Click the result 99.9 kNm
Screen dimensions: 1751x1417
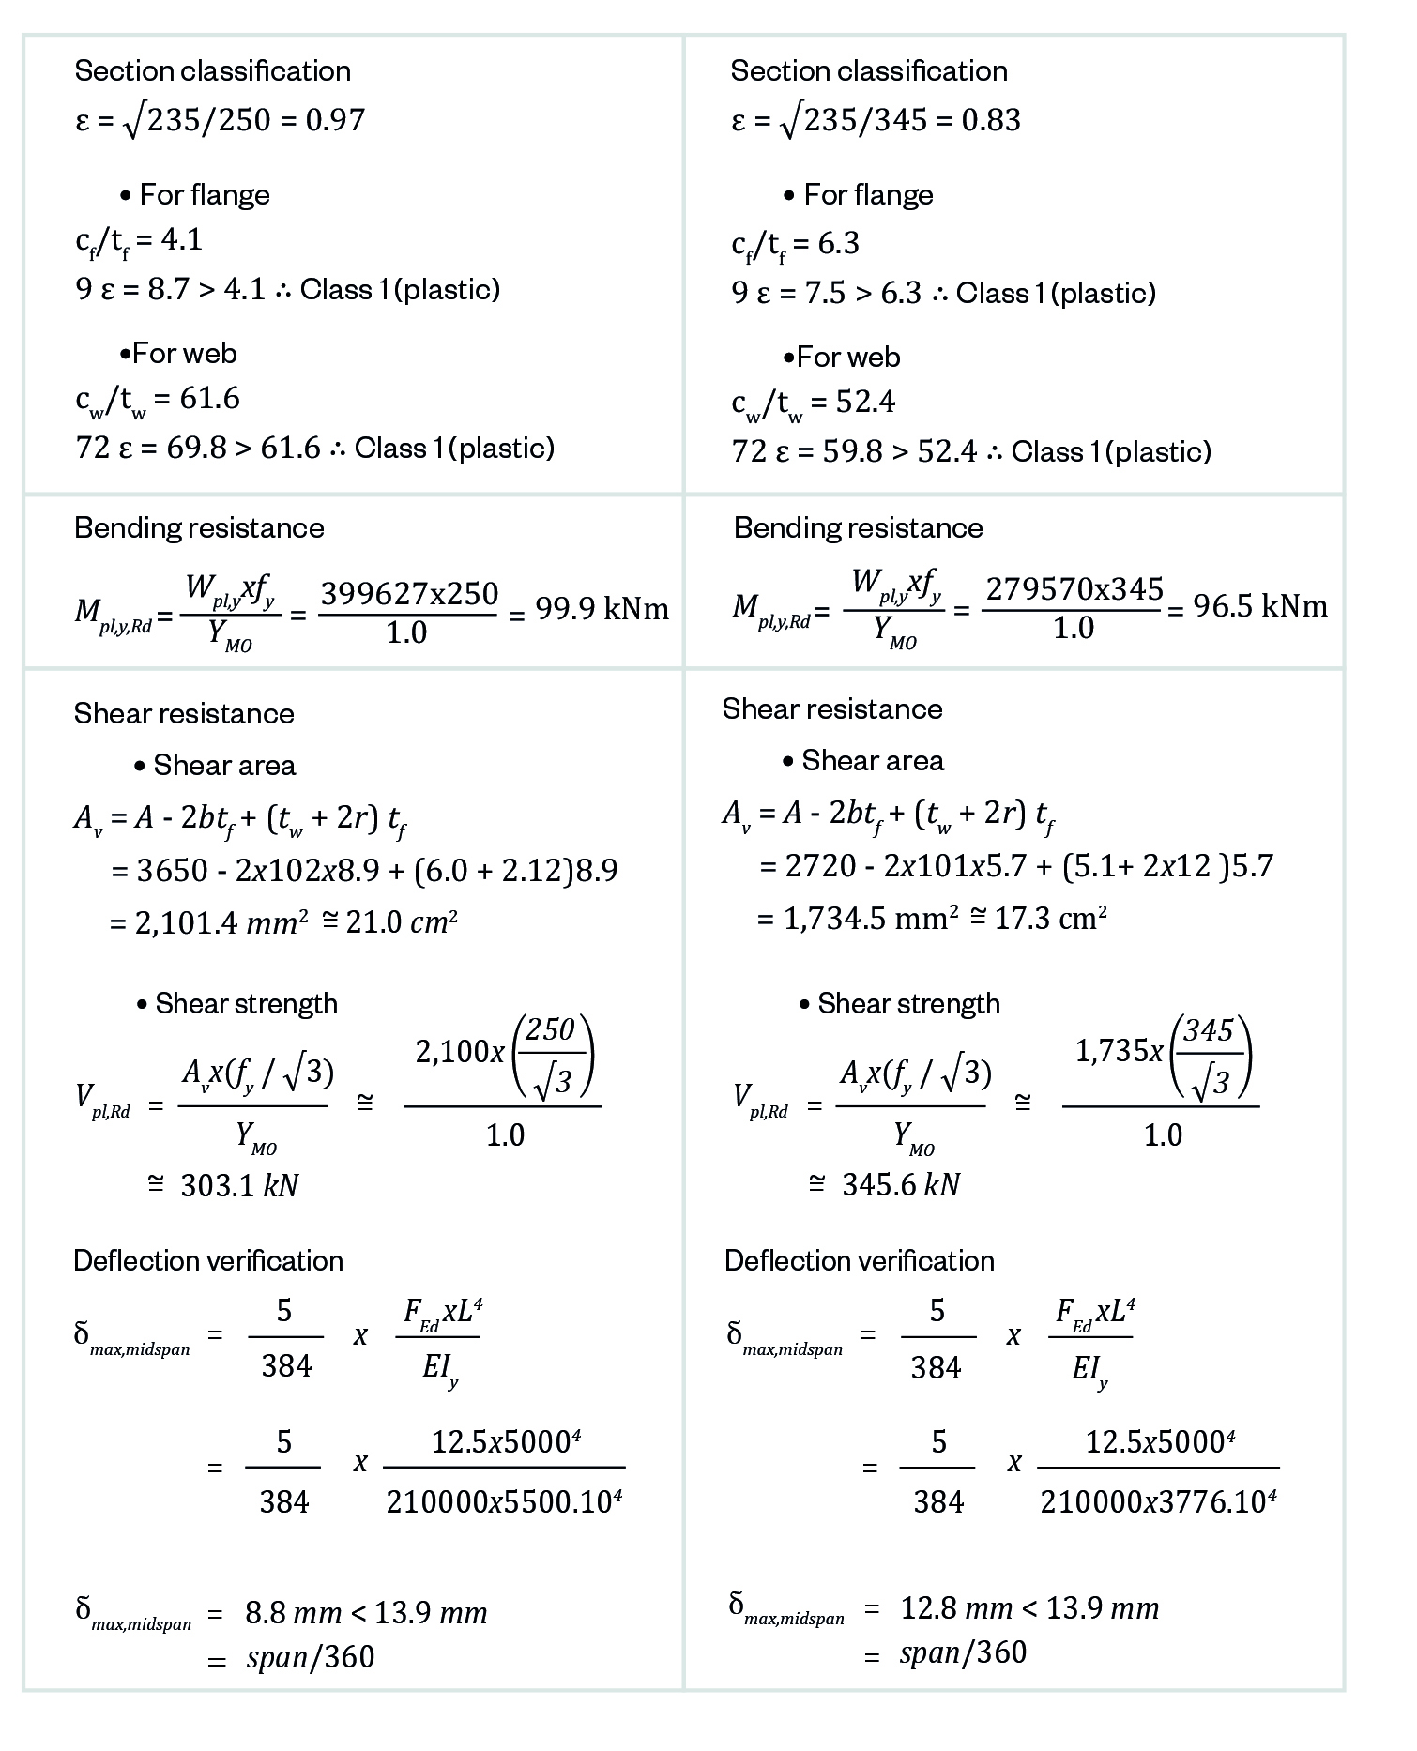(602, 609)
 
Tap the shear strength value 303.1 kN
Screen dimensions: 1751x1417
(239, 1186)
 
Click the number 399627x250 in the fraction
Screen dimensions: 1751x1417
(409, 594)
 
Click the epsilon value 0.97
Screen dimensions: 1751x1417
(335, 120)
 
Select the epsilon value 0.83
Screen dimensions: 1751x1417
(991, 120)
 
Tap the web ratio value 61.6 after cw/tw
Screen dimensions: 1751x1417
(210, 399)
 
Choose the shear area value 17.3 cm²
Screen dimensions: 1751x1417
(1050, 918)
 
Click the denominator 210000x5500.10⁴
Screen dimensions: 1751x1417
(505, 1502)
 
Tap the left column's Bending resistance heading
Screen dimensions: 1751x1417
(199, 528)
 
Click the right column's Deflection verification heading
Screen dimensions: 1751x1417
(859, 1260)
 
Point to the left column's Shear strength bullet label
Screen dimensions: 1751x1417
(246, 1004)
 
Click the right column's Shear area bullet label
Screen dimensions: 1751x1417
(872, 761)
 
